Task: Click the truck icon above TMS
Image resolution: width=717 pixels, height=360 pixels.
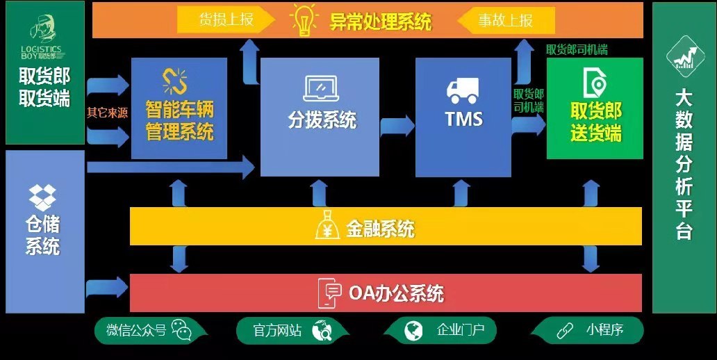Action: click(x=462, y=90)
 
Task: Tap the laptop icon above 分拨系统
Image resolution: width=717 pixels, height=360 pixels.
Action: click(x=321, y=88)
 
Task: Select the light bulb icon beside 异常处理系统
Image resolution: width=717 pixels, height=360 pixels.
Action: click(x=304, y=20)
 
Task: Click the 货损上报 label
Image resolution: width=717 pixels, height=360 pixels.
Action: click(x=226, y=19)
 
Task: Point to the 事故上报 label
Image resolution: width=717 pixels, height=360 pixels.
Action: click(x=506, y=20)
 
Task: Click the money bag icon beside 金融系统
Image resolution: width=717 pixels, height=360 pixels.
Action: click(x=327, y=225)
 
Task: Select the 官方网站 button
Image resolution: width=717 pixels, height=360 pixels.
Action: click(x=292, y=330)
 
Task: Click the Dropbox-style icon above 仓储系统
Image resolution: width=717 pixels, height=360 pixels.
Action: click(x=42, y=197)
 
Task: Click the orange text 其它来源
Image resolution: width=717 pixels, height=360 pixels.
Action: click(x=108, y=113)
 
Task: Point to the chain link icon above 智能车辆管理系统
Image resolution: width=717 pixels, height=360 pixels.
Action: click(x=174, y=81)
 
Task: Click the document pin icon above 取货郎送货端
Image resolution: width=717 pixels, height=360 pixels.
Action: click(x=595, y=83)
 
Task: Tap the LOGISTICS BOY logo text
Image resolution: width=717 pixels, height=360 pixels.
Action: click(x=41, y=52)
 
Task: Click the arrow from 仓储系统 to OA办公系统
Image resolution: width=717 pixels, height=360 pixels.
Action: click(x=106, y=287)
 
